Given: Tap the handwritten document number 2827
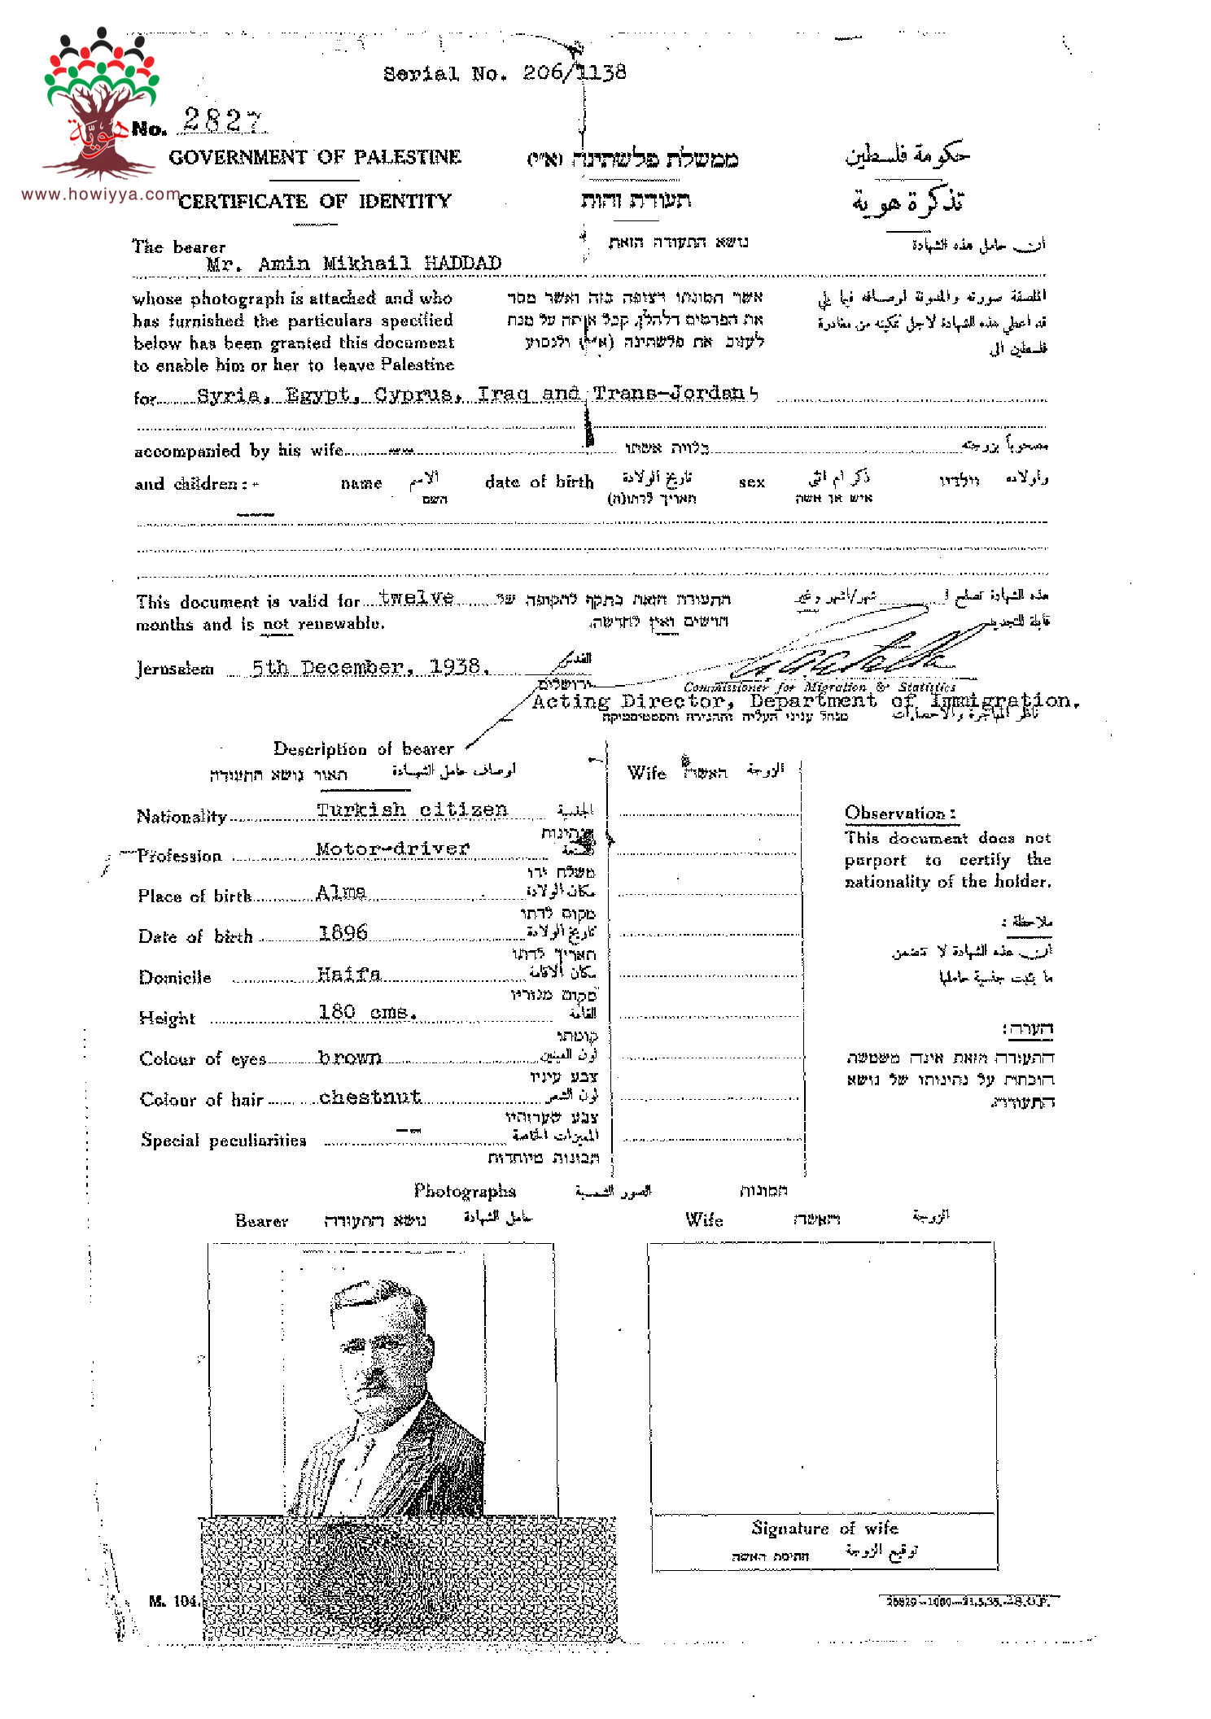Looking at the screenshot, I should (222, 121).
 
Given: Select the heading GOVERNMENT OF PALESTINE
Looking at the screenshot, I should (315, 157).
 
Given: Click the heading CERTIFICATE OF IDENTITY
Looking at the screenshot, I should (315, 201).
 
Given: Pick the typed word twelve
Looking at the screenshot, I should (416, 598).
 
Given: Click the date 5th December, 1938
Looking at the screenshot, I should (369, 668).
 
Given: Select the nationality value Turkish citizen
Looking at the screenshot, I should (412, 809).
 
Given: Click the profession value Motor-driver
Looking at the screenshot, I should (392, 849).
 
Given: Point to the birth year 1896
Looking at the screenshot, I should (343, 932).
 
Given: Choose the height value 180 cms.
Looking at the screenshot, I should (367, 1012).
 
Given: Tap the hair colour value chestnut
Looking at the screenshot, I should (370, 1097).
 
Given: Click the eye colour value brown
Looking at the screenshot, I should (349, 1058).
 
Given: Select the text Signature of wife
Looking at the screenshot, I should (824, 1529).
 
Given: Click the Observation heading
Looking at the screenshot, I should (899, 813).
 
